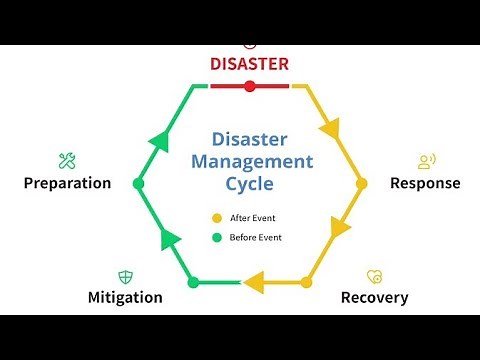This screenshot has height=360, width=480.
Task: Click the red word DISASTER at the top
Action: pyautogui.click(x=249, y=64)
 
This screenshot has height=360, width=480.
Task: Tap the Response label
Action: pyautogui.click(x=425, y=183)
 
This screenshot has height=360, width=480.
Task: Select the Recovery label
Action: pyautogui.click(x=374, y=297)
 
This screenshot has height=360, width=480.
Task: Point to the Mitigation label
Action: pyautogui.click(x=125, y=297)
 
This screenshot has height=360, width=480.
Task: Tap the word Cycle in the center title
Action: pyautogui.click(x=249, y=183)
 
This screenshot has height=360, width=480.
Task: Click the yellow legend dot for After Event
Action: pyautogui.click(x=215, y=218)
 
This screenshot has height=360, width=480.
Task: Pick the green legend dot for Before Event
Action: pyautogui.click(x=215, y=237)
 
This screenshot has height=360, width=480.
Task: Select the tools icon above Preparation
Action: pyautogui.click(x=67, y=160)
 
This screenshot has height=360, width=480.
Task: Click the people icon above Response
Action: pyautogui.click(x=427, y=160)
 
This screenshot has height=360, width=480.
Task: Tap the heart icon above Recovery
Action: pyautogui.click(x=374, y=275)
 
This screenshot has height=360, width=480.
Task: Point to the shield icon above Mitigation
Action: pyautogui.click(x=125, y=275)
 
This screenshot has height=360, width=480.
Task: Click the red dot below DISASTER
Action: pyautogui.click(x=249, y=86)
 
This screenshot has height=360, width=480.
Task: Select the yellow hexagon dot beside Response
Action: pyautogui.click(x=362, y=183)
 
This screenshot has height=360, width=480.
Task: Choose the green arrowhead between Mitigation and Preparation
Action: pyautogui.click(x=168, y=237)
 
